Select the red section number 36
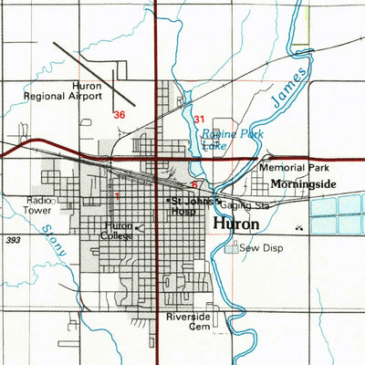[x=120, y=115]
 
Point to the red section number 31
[x=200, y=119]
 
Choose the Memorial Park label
[x=293, y=169]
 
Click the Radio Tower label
[x=38, y=204]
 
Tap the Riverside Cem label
[x=188, y=321]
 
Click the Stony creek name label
[x=56, y=238]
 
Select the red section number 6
[x=194, y=184]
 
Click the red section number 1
[x=117, y=195]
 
